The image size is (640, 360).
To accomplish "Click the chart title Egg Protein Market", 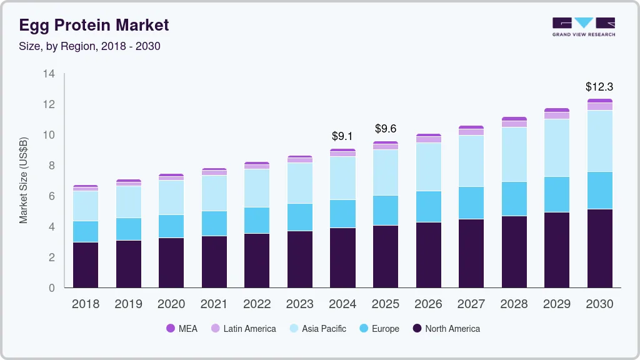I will [x=94, y=26].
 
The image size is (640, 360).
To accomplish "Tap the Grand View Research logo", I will [x=583, y=26].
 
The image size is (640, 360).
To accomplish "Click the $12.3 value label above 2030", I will [x=599, y=86].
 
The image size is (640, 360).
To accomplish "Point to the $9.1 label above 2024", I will [x=342, y=136].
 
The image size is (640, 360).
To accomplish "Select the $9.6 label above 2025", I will [x=386, y=129].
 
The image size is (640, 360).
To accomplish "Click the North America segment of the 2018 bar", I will [x=86, y=265].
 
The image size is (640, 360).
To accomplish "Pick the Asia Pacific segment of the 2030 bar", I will [x=599, y=141].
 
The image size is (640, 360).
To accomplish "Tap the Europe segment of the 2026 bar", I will [x=428, y=207].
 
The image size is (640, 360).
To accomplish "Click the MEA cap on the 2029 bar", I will [x=557, y=110].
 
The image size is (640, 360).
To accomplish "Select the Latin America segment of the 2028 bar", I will [x=514, y=124].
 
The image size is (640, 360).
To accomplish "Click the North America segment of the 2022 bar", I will [x=257, y=261].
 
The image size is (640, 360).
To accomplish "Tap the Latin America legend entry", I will [x=243, y=329].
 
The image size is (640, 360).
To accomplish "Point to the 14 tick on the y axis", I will [x=49, y=74].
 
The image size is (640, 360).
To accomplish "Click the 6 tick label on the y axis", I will [x=52, y=196].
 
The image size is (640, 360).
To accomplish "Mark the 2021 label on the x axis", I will [x=214, y=304].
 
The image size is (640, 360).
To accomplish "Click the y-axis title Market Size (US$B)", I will [x=24, y=181].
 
